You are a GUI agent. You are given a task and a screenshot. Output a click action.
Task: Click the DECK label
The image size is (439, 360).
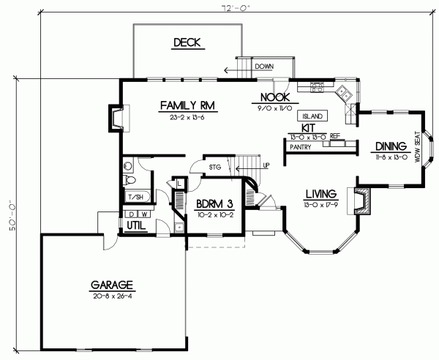pos(186,43)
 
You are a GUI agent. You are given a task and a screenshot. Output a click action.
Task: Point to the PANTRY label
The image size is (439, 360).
pos(302,146)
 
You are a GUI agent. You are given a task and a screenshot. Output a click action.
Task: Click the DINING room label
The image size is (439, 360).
pos(388,146)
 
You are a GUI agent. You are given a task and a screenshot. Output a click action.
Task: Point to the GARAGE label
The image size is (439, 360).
pos(111,284)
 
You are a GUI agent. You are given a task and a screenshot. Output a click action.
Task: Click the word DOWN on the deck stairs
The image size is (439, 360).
pos(264,67)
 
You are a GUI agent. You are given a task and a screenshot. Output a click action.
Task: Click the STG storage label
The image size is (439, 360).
pos(214,167)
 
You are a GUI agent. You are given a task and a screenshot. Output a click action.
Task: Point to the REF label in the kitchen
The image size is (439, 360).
pos(335,136)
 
